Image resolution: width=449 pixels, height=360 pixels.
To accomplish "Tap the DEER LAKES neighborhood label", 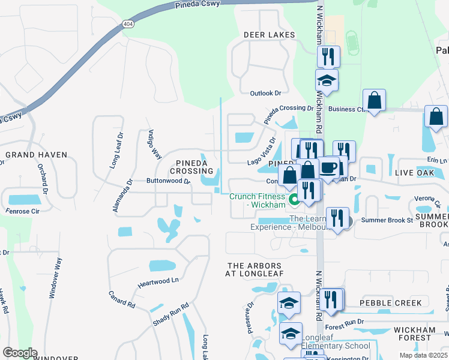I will (x=270, y=35).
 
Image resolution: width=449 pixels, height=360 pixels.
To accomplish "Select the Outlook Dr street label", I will (x=265, y=93).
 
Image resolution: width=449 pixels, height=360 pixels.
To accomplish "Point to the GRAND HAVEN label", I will (x=36, y=155).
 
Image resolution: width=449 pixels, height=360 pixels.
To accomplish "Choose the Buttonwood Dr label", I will (x=168, y=181).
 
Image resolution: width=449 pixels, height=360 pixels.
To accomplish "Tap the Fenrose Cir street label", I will (x=23, y=211).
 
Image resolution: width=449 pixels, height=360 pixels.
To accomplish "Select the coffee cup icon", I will (x=328, y=167).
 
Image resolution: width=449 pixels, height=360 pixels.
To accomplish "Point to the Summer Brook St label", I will (x=387, y=220).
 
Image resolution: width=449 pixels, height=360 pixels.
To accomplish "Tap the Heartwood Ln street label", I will (x=158, y=280).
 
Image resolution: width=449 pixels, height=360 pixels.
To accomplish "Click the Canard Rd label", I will (x=122, y=299).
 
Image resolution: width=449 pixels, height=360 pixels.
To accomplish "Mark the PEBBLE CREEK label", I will (x=391, y=303).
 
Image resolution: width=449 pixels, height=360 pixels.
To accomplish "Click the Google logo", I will (x=19, y=353).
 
